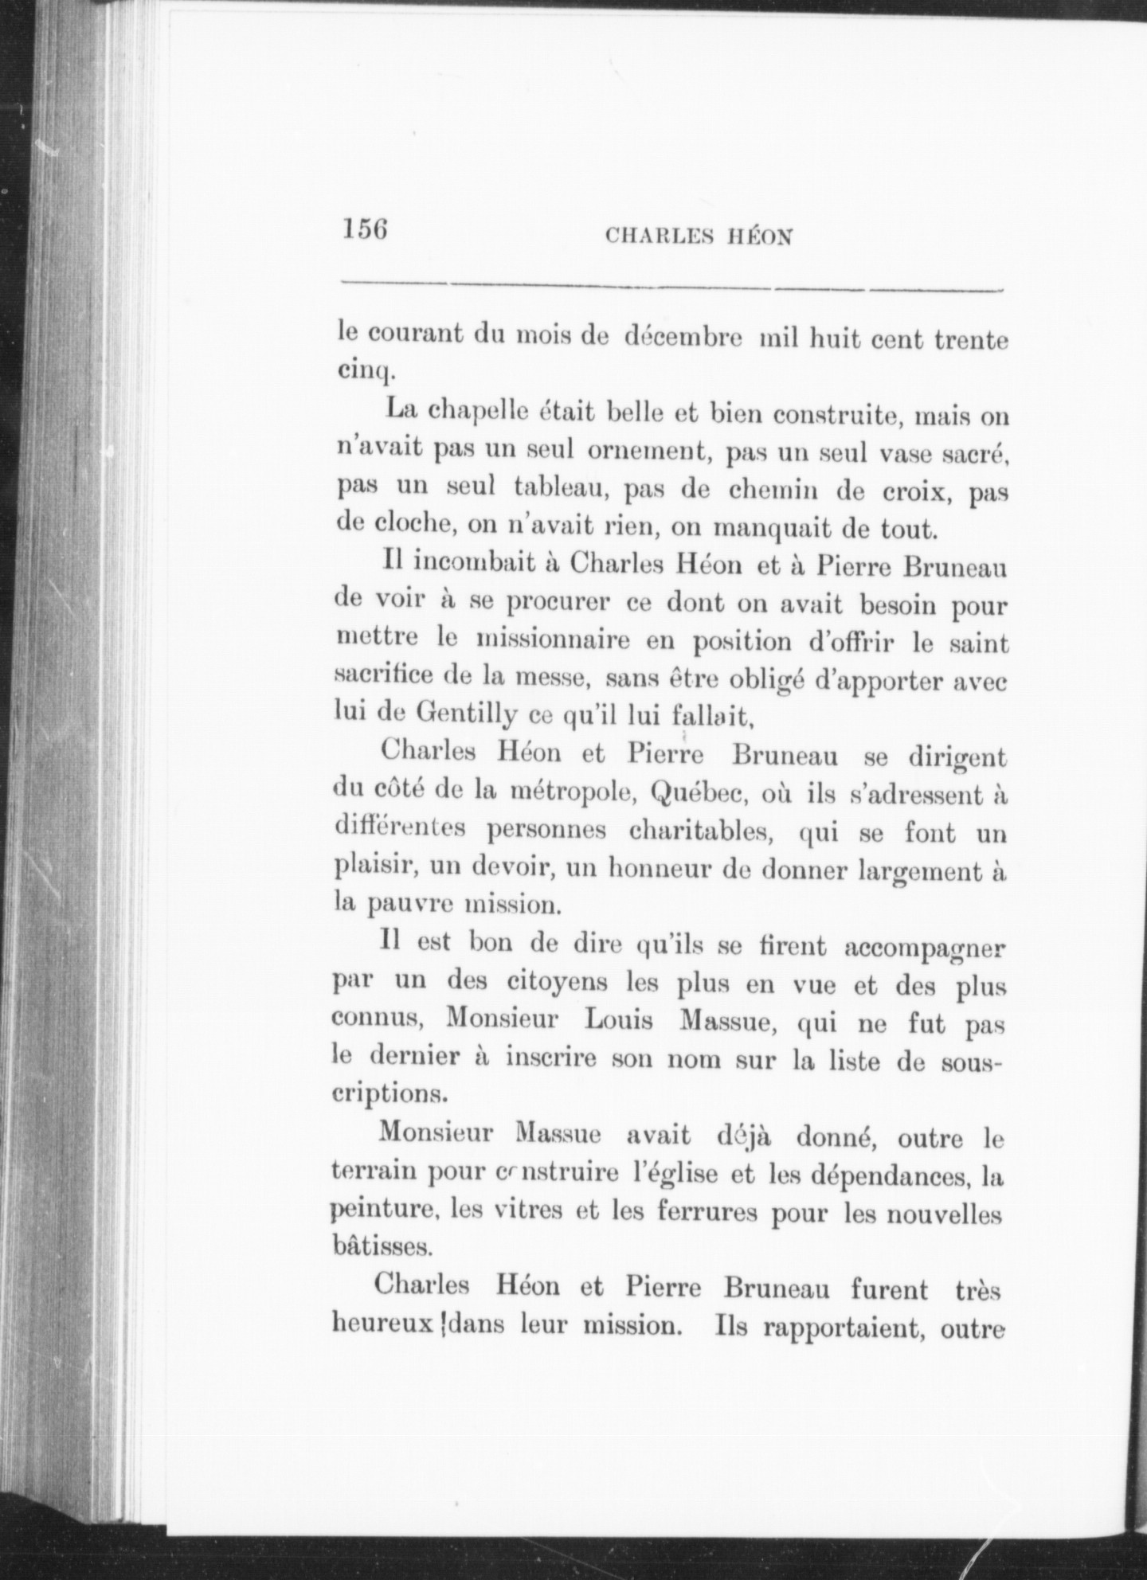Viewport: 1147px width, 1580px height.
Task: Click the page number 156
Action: click(x=366, y=229)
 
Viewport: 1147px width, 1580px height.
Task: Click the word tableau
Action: click(x=562, y=489)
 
